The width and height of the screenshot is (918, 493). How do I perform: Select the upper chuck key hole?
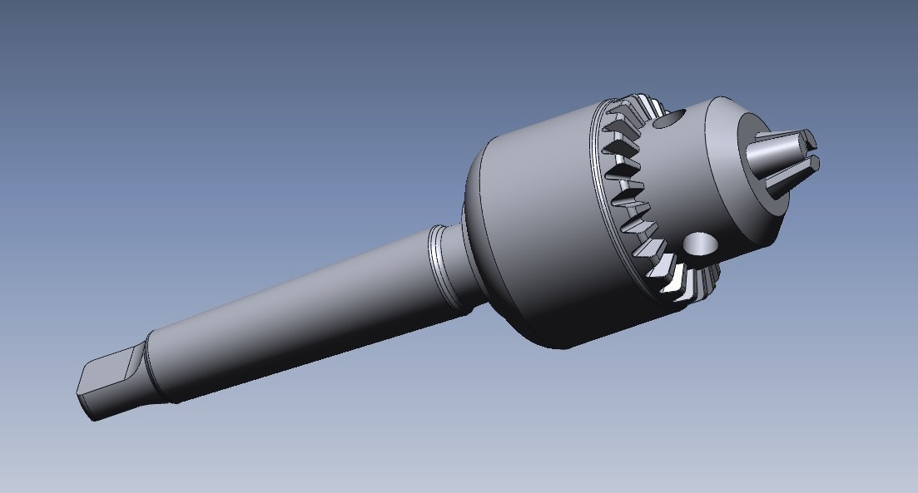coord(667,121)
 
